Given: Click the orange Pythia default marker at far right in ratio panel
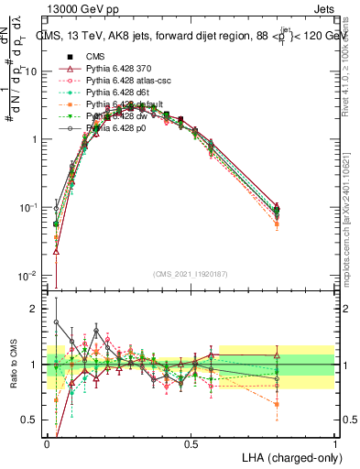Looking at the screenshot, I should pos(277,404).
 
